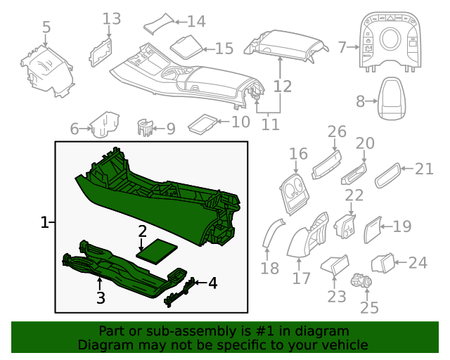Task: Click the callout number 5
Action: tap(46, 27)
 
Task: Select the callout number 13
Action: tap(112, 18)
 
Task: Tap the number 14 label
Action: tap(196, 21)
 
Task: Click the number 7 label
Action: tap(342, 47)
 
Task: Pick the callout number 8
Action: tap(361, 101)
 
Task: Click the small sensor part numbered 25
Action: tap(363, 281)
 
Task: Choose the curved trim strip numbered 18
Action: tap(269, 235)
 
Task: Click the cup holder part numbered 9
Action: tap(145, 127)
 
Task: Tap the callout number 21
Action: tap(425, 169)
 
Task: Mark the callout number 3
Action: tap(101, 297)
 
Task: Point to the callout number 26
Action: tap(337, 131)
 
